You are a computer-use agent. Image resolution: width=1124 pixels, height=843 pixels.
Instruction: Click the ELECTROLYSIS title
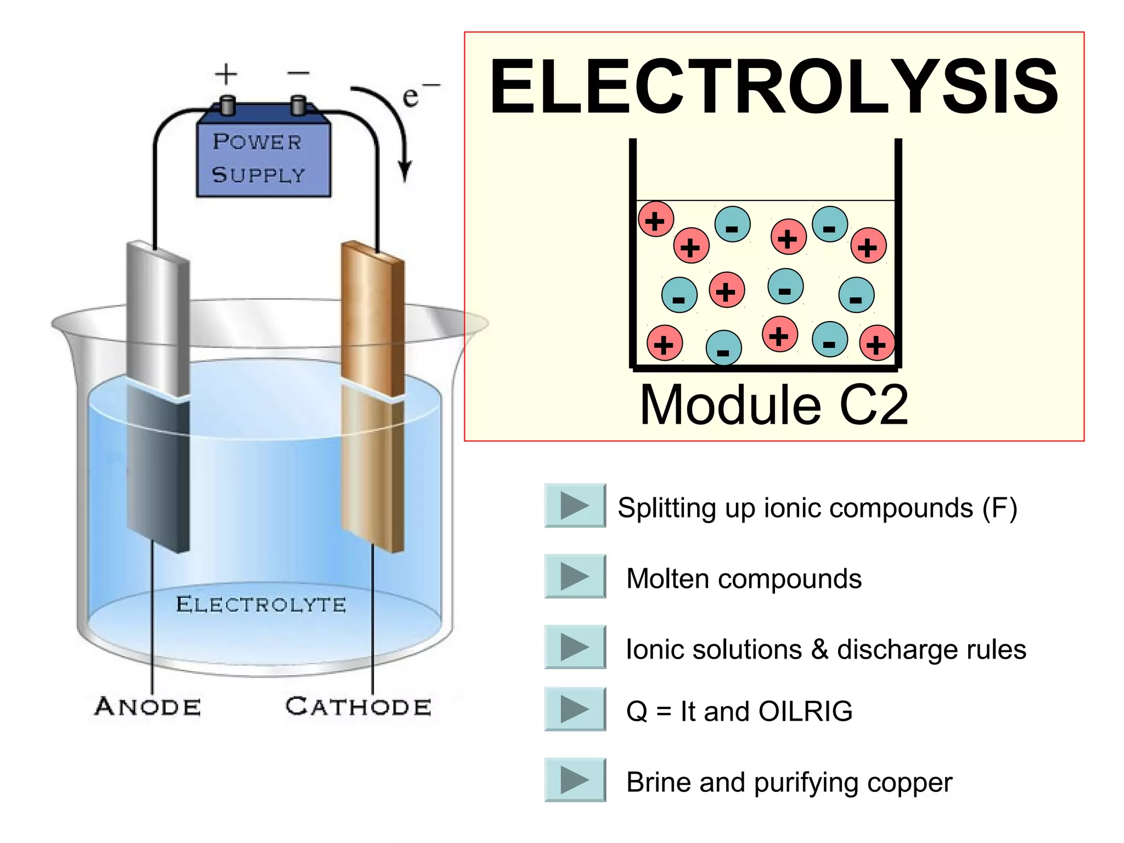(x=774, y=88)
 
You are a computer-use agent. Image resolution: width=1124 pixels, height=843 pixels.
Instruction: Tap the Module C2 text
(x=774, y=405)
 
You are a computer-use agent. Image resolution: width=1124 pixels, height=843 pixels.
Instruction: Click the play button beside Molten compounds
(x=575, y=576)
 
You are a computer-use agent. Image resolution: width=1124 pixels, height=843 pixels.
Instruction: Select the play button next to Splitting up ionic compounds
(x=575, y=505)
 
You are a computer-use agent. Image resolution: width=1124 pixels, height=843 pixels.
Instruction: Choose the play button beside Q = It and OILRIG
(x=575, y=709)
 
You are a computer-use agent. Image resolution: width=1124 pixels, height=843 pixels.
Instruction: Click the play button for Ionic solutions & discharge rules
(x=575, y=647)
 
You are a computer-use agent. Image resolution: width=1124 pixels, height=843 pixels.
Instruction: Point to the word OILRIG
(x=805, y=711)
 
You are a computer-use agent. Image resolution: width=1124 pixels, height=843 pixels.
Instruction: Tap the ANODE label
(x=148, y=707)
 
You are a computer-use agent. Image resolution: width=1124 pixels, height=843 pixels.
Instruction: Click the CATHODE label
(x=358, y=707)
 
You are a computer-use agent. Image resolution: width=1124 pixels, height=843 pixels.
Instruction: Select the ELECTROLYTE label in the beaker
(x=261, y=605)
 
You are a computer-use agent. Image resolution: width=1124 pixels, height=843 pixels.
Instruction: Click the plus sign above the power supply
(x=226, y=74)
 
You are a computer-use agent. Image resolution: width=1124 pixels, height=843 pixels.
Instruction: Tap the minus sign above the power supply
(x=299, y=73)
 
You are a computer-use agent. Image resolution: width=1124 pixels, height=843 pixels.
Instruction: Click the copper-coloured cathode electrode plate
(x=373, y=395)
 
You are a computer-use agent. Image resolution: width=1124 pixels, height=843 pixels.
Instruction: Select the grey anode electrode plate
(x=158, y=395)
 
